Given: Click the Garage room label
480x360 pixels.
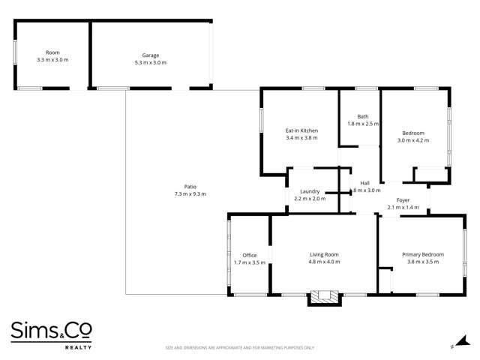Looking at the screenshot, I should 150,54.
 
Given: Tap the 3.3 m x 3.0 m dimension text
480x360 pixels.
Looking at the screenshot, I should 52,60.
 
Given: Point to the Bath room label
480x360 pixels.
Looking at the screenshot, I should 362,116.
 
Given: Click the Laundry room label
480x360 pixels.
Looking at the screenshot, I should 310,191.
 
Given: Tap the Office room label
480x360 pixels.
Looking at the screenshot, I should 249,255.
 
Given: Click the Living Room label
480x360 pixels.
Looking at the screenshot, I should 324,255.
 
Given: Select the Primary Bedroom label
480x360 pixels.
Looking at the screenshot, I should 422,254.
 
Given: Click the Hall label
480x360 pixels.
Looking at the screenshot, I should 365,183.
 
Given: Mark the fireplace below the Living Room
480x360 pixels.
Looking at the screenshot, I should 325,298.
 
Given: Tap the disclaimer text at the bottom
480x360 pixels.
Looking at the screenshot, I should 240,348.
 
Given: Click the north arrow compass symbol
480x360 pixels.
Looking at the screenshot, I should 452,346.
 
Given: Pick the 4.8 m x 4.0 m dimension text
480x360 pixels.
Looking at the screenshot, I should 324,262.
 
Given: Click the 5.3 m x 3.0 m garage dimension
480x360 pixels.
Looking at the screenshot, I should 150,61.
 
